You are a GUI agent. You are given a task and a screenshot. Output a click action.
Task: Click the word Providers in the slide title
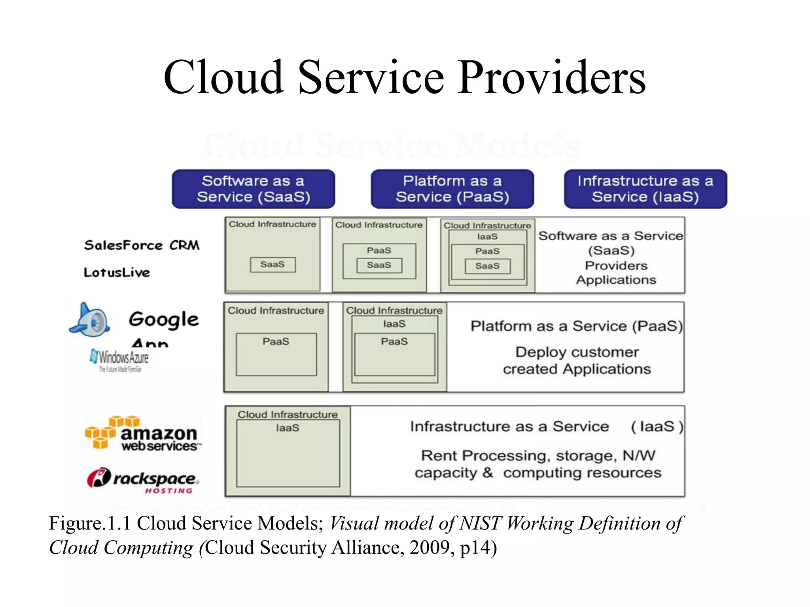551,77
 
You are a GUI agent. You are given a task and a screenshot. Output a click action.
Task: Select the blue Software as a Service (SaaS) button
253,189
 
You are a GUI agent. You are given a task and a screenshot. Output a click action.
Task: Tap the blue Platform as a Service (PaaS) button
452,189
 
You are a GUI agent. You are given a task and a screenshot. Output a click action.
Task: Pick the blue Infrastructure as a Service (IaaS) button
645,189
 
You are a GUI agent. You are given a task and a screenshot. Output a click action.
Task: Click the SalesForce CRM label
142,245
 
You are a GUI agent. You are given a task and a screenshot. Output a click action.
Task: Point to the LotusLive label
117,272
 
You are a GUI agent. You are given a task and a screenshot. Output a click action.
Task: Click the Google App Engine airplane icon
90,320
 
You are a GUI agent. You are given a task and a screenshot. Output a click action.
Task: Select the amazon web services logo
142,434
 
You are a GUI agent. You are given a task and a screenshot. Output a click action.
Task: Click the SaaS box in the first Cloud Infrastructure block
273,264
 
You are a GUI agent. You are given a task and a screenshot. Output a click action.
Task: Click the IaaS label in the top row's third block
487,237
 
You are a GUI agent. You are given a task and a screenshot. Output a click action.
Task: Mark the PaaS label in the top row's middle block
379,251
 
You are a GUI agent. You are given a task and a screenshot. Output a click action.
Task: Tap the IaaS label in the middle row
394,324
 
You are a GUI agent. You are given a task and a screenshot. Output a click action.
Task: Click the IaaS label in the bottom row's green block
288,428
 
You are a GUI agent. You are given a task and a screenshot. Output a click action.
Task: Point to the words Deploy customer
577,352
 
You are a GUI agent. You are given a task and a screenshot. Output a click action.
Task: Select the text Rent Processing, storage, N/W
538,456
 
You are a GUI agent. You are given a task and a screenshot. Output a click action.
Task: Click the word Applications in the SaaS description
616,280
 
